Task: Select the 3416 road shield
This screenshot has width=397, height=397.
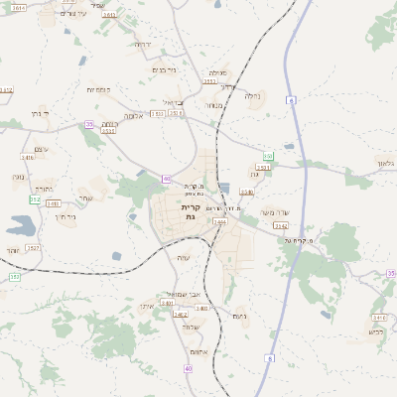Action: (x=28, y=157)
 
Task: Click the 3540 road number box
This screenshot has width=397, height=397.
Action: (x=247, y=192)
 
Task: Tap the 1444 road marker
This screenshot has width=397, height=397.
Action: (x=219, y=221)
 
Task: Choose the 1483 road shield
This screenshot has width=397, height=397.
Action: (x=52, y=202)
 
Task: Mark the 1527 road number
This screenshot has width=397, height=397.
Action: (x=33, y=247)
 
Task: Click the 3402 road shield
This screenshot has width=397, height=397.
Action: (x=181, y=314)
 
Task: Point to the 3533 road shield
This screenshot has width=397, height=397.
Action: (x=109, y=131)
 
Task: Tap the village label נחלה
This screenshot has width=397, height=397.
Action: (x=252, y=96)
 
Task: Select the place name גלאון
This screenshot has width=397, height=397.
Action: (x=385, y=161)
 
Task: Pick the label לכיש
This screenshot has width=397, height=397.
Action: (x=375, y=331)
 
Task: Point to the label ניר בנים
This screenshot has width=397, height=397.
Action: (x=164, y=70)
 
